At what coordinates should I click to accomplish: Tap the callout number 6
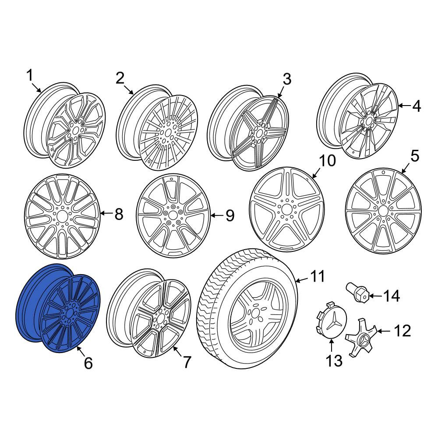pyautogui.click(x=88, y=363)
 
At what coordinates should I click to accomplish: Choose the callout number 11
pyautogui.click(x=318, y=276)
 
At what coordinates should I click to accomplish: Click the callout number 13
pyautogui.click(x=334, y=360)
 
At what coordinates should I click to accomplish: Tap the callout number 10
pyautogui.click(x=327, y=161)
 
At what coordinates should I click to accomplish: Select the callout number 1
pyautogui.click(x=30, y=75)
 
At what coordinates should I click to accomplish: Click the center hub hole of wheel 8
pyautogui.click(x=62, y=216)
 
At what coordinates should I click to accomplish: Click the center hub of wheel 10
pyautogui.click(x=286, y=209)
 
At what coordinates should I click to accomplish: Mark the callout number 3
pyautogui.click(x=287, y=79)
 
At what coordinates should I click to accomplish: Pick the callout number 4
pyautogui.click(x=417, y=106)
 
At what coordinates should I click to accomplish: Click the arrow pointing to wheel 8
pyautogui.click(x=106, y=214)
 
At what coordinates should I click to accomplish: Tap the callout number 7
pyautogui.click(x=187, y=362)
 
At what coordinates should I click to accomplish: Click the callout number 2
pyautogui.click(x=120, y=78)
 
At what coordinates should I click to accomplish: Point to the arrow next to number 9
pyautogui.click(x=217, y=215)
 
